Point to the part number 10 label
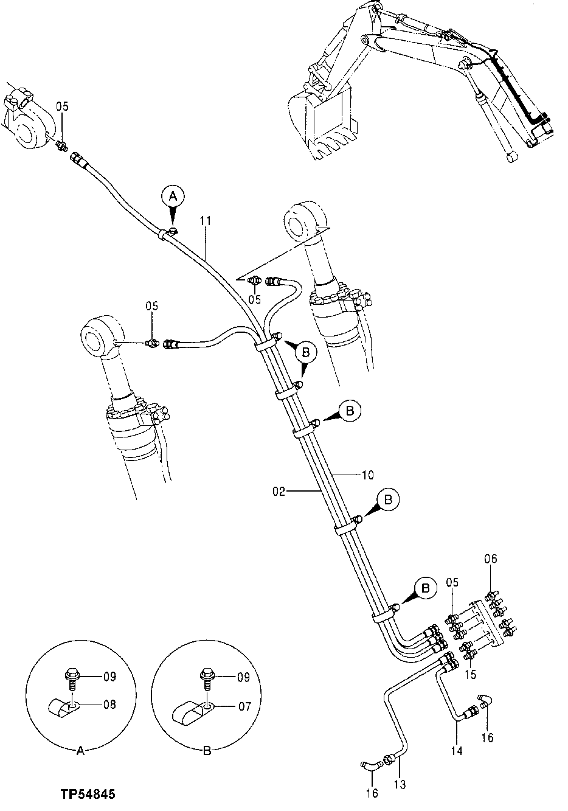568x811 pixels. (368, 475)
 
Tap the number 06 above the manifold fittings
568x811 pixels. (491, 559)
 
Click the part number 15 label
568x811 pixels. (471, 674)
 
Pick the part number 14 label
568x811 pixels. (457, 751)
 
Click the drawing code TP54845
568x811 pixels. (88, 795)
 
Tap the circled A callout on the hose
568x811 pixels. (173, 196)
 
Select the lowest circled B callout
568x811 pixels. (425, 588)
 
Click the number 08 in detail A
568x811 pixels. (109, 705)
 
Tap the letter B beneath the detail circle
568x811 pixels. (207, 751)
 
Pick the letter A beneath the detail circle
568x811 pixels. (80, 751)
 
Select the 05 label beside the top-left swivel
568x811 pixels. (62, 106)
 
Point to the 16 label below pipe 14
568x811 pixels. (487, 738)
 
